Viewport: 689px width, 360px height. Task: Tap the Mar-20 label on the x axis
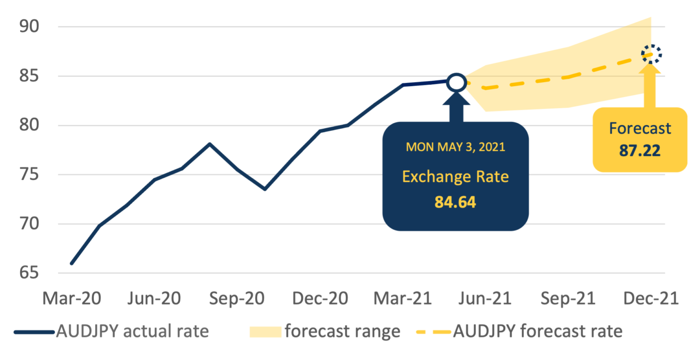(72, 298)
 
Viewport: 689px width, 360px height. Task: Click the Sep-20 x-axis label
(237, 298)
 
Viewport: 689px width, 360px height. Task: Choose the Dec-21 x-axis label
(650, 298)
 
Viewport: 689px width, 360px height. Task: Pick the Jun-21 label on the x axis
(485, 298)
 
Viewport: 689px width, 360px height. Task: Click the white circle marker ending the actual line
(457, 82)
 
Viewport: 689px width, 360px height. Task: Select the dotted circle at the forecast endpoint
(651, 54)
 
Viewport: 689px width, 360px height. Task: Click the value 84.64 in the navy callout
(455, 202)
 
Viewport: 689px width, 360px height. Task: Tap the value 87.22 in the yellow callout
(640, 151)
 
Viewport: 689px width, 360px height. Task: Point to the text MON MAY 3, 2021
(455, 147)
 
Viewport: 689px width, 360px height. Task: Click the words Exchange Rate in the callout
(455, 177)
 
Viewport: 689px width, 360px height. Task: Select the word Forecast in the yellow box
(640, 129)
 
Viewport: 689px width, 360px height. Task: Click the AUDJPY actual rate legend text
(132, 331)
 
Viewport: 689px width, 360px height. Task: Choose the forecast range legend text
(342, 331)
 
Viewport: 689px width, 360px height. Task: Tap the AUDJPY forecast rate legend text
(538, 331)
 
